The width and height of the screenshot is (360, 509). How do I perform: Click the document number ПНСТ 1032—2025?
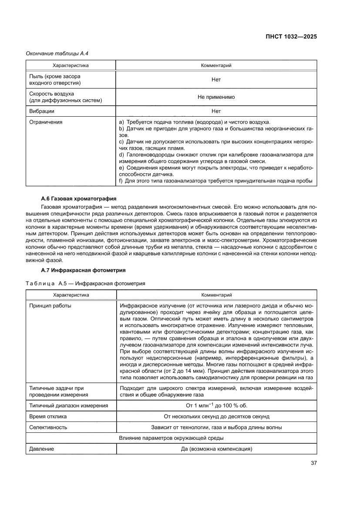(x=291, y=37)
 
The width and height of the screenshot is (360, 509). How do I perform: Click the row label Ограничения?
(x=46, y=122)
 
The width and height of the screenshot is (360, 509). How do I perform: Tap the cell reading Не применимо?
(x=216, y=97)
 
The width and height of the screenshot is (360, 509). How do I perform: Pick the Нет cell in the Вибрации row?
(x=216, y=111)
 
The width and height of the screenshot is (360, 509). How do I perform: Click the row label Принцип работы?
(x=50, y=305)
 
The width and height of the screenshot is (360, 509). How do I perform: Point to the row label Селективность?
(x=48, y=427)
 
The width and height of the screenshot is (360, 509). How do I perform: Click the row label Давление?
(x=42, y=449)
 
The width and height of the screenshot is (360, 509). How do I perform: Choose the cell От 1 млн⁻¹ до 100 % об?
(x=216, y=405)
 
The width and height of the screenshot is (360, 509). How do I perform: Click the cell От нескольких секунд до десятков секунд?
(x=216, y=416)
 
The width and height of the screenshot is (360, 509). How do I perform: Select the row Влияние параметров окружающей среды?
(x=171, y=438)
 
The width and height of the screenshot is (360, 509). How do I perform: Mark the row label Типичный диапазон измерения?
(x=69, y=405)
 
